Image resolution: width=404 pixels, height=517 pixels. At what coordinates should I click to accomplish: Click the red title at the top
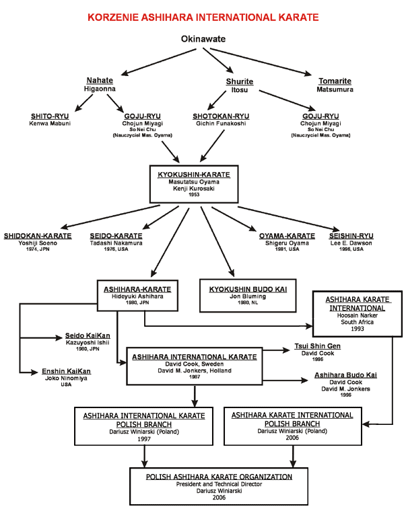(202, 15)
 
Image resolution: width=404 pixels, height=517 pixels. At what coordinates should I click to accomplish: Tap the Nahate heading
(100, 80)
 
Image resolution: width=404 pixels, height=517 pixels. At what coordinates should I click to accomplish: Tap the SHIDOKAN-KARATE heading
(38, 236)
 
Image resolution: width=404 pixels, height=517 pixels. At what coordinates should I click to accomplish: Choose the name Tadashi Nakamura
(116, 243)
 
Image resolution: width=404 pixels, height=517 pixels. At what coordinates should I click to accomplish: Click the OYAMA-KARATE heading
(287, 236)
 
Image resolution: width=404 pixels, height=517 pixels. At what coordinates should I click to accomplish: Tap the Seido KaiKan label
(88, 335)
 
